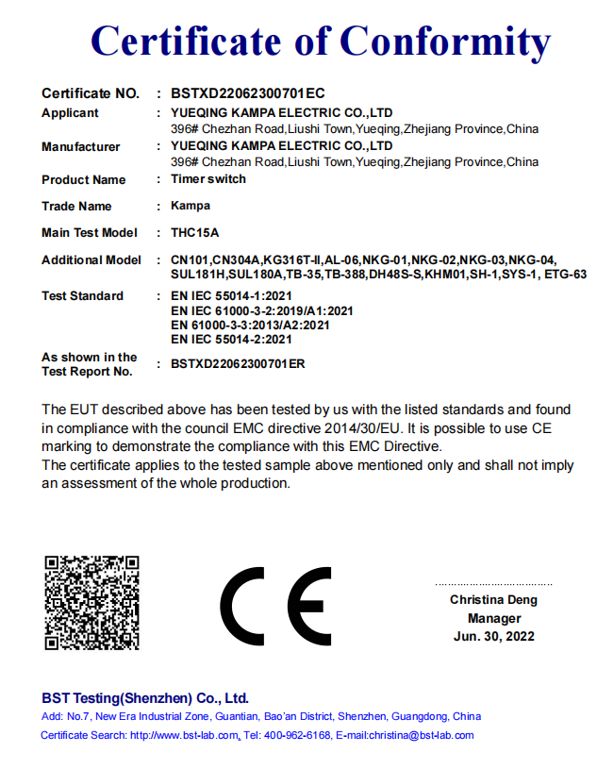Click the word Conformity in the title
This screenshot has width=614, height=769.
pos(444,42)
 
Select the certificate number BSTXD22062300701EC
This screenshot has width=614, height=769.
pos(248,93)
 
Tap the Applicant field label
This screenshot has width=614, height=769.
pos(70,113)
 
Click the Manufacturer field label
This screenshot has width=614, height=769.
pos(81,146)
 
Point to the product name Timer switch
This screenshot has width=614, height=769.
pos(208,179)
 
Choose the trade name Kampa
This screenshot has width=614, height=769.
pos(191,206)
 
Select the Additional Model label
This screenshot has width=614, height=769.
pos(91,259)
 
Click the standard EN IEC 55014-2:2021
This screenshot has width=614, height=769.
pos(231,339)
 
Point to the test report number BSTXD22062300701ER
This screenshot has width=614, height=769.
pos(238,363)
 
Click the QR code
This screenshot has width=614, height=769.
pos(92,603)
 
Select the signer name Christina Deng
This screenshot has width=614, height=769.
pos(493,600)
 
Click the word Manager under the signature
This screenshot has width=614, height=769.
pos(493,618)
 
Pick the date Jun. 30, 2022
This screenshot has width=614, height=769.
pos(493,636)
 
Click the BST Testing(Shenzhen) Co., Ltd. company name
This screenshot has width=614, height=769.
pos(144,698)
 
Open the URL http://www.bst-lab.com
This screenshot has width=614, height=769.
pos(184,735)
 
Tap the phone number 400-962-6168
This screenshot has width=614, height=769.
pos(297,735)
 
